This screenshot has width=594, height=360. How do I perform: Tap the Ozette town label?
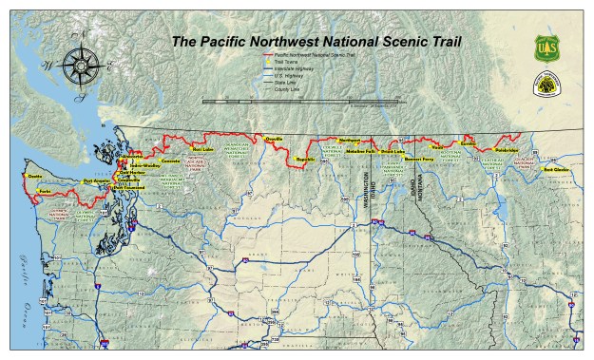point(35,176)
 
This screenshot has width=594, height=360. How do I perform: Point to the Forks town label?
point(45,192)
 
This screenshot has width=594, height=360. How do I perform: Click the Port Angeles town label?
point(97,180)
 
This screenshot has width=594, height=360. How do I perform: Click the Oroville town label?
point(275,140)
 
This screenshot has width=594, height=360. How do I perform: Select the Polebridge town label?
point(505,149)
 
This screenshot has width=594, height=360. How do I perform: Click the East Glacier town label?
point(556,170)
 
